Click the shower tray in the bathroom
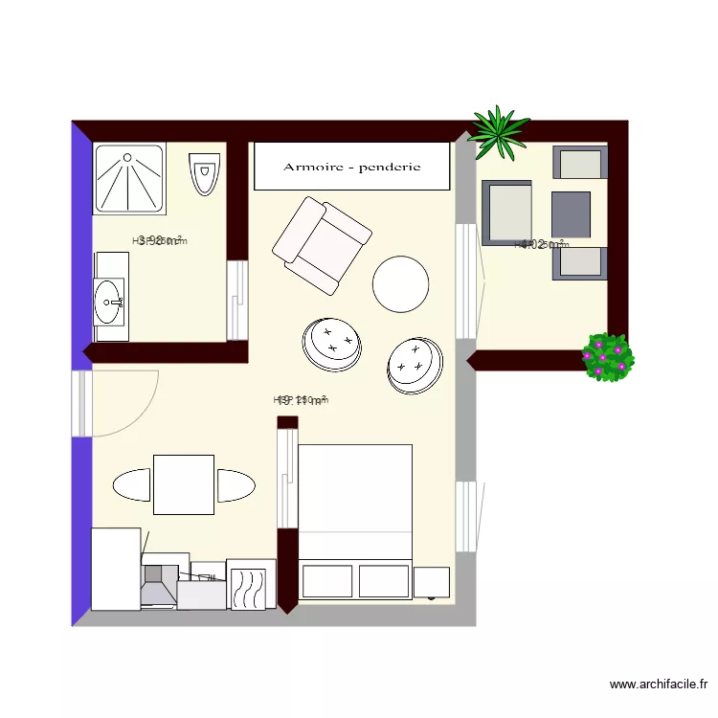point(129,177)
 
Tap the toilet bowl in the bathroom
point(204,173)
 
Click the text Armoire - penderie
point(351,167)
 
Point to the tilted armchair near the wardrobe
point(322,245)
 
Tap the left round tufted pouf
point(332,343)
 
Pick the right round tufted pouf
point(415,364)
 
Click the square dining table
point(184,484)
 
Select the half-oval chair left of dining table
point(133,484)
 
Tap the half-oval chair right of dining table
point(235,485)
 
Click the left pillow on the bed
point(326,580)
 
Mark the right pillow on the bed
point(384,580)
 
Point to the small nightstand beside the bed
point(431,583)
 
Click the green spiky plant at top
point(499,132)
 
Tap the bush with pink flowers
point(607,357)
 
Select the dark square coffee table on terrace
point(571,214)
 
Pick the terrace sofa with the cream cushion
point(507,211)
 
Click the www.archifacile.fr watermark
point(660,684)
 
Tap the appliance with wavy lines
point(251,584)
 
